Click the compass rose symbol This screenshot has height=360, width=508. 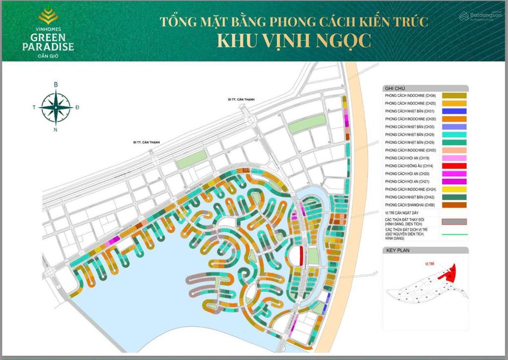[56, 106]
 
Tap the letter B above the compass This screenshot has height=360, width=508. [56, 85]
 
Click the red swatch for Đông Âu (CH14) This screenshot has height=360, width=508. [454, 165]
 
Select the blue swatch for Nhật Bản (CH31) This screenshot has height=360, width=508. [454, 111]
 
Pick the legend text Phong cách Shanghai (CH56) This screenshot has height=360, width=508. [410, 204]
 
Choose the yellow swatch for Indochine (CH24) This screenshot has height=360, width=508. [454, 189]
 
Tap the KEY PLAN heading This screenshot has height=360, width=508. [398, 251]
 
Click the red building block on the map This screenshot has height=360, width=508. [301, 254]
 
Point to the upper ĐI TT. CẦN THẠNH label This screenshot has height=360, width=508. [241, 99]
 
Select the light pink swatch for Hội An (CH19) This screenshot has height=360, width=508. [454, 157]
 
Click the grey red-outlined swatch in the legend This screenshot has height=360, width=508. [454, 221]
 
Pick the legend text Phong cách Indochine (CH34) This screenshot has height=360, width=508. [410, 95]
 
